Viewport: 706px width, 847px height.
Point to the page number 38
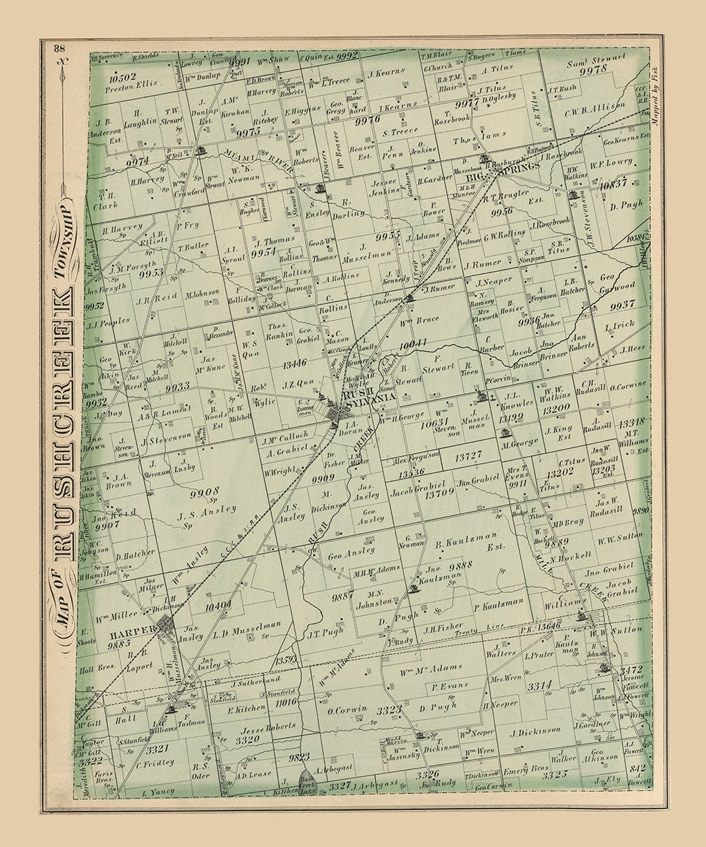(59, 48)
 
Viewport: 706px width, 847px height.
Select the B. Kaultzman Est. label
(468, 545)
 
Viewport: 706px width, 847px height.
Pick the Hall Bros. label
(97, 669)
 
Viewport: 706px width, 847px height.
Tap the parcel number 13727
(468, 457)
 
